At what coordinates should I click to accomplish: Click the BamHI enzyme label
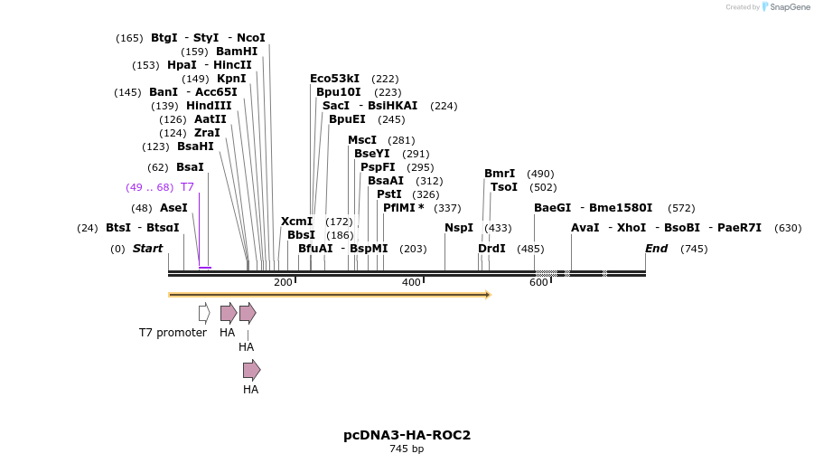(237, 52)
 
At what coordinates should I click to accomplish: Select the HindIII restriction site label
(209, 106)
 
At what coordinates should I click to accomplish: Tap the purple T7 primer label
(187, 187)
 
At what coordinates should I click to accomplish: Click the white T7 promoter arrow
(204, 313)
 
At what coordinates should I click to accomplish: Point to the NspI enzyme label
(459, 228)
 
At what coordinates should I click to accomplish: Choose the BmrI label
(500, 174)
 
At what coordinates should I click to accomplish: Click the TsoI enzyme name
(504, 187)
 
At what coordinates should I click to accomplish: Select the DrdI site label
(491, 249)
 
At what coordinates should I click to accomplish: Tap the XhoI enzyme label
(632, 228)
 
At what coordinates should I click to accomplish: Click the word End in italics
(656, 249)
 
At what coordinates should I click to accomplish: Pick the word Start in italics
(148, 249)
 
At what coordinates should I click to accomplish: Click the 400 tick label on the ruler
(411, 283)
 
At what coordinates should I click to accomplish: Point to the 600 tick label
(538, 283)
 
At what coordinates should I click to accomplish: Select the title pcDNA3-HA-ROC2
(407, 435)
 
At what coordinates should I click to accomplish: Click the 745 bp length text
(407, 449)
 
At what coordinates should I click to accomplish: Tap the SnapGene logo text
(790, 7)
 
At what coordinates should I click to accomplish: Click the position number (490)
(540, 174)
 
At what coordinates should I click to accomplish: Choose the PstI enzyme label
(389, 194)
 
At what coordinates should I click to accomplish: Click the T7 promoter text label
(173, 333)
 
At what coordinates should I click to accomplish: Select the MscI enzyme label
(362, 140)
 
